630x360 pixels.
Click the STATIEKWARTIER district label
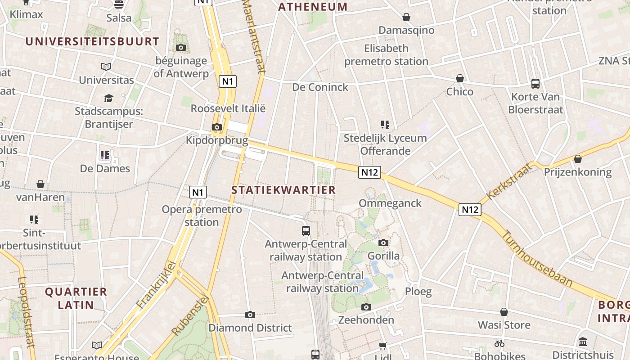(x=283, y=190)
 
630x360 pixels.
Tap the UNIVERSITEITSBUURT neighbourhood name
(x=92, y=41)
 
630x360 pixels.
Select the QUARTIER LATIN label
(x=76, y=298)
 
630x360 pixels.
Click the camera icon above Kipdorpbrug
(x=217, y=127)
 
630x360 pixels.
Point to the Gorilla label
(x=383, y=256)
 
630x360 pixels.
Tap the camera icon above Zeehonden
(x=366, y=307)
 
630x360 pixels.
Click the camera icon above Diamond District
(x=250, y=315)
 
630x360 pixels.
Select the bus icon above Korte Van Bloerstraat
(x=535, y=83)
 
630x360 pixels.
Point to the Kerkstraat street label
(x=509, y=181)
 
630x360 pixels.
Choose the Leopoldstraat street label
(x=26, y=311)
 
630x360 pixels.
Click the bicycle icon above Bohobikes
(x=499, y=343)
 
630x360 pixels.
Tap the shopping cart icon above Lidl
(x=382, y=346)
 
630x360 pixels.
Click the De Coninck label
(x=320, y=87)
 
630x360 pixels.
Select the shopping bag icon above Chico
(x=460, y=78)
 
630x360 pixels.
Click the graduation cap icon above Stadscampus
(x=108, y=98)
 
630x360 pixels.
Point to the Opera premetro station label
(x=202, y=216)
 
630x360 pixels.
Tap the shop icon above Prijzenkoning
(x=578, y=159)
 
